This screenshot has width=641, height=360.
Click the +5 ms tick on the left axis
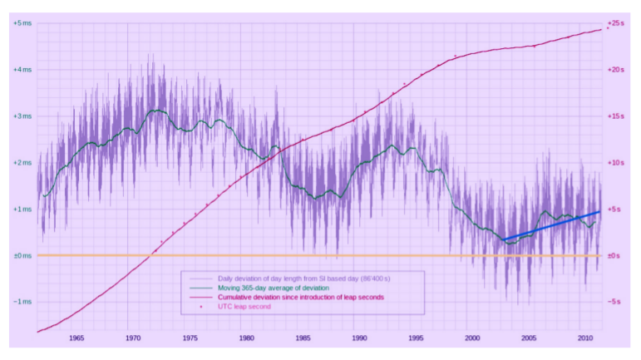tap(22, 23)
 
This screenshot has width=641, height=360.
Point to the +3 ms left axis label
tap(22, 116)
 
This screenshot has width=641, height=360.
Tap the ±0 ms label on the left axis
tap(22, 256)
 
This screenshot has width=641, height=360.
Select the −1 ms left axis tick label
tap(22, 302)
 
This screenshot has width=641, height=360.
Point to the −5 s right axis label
tap(615, 302)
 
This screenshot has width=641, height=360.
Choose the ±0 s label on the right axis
tap(615, 256)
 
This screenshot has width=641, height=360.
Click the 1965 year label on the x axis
tap(77, 338)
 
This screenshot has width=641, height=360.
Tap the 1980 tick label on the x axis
tap(246, 338)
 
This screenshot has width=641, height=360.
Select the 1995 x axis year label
tap(416, 338)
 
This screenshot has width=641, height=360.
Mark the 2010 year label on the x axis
tap(584, 338)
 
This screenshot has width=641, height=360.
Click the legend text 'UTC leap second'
tap(244, 307)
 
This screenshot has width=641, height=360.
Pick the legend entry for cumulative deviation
tap(299, 297)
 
